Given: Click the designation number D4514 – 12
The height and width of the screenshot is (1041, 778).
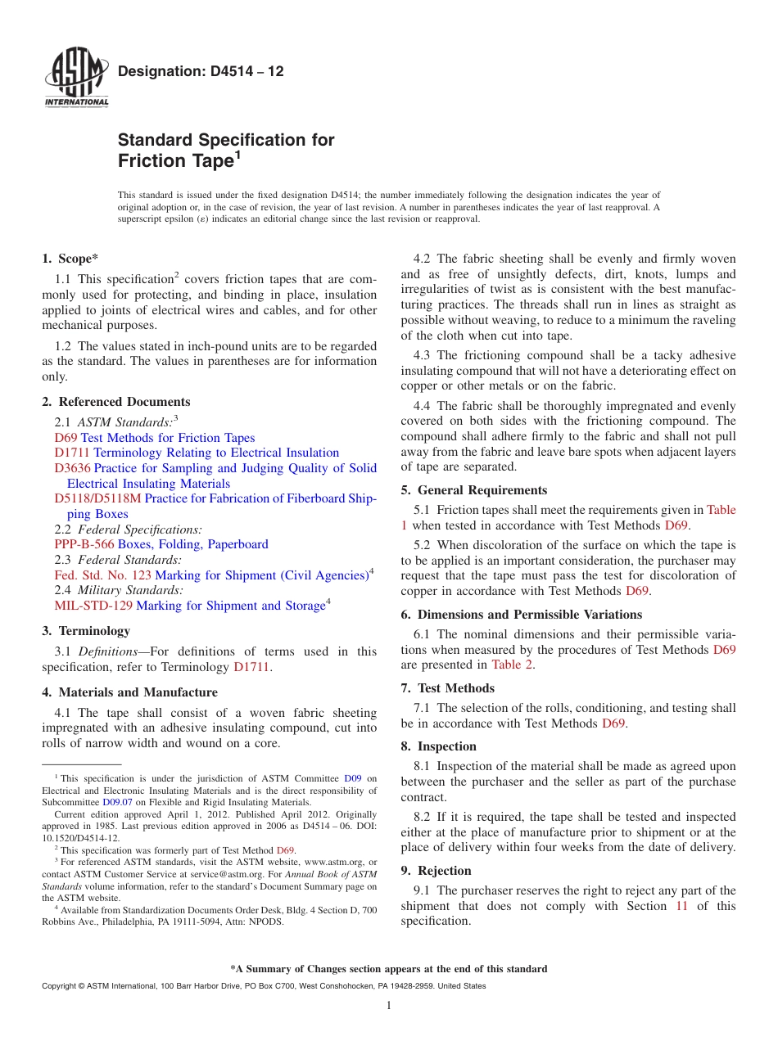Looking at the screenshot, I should [x=201, y=71].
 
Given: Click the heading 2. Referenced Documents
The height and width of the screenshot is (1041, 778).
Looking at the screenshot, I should [x=115, y=402].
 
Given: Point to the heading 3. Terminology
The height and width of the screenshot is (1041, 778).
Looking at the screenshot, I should [x=86, y=631].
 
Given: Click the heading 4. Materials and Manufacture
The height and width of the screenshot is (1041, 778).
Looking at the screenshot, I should [x=129, y=692].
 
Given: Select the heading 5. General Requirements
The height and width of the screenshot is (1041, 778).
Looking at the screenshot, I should [x=474, y=490].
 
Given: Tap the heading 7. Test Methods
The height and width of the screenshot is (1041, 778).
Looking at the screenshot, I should [x=448, y=688].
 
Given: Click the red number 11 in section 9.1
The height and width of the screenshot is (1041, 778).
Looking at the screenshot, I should [x=681, y=906].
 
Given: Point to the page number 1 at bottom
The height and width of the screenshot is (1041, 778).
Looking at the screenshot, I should [x=389, y=1006].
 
